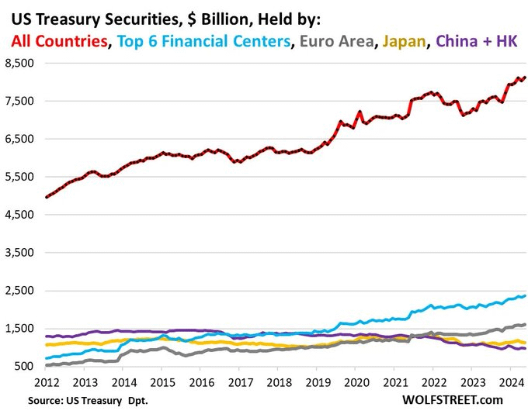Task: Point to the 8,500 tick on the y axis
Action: point(23,64)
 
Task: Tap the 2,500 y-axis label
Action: point(23,291)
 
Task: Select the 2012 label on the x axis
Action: point(48,382)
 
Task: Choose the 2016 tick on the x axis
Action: point(202,382)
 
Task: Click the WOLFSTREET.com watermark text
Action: point(453,400)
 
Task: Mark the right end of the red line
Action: point(525,78)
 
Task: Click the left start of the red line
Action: point(47,197)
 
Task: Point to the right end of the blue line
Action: point(525,295)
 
